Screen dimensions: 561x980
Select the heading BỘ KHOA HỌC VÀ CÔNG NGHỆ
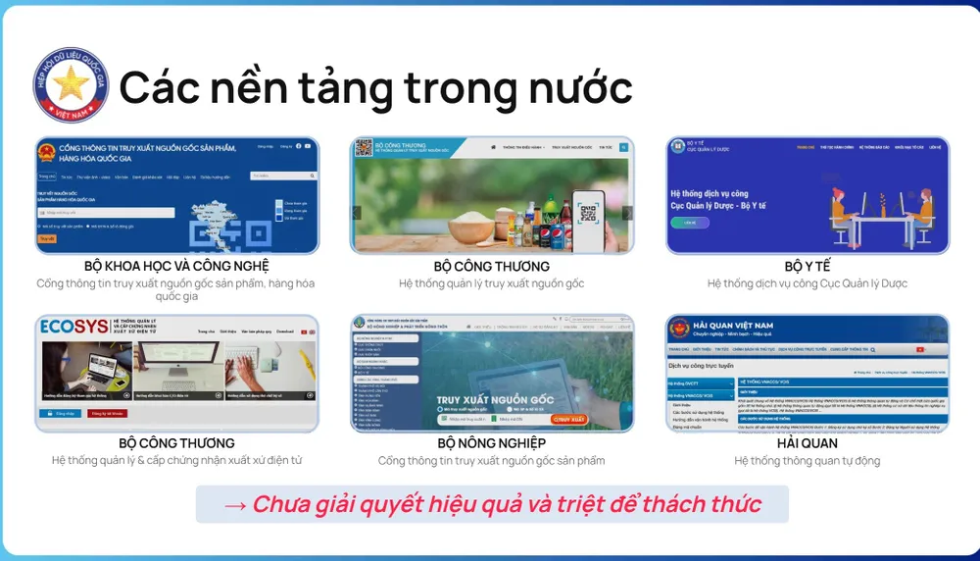tap(176, 266)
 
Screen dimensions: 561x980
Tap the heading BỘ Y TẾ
tap(807, 266)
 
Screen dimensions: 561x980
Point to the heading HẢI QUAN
tap(807, 443)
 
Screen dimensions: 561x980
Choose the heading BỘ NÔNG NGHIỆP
tap(491, 443)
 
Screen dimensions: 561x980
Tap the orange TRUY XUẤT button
tap(568, 419)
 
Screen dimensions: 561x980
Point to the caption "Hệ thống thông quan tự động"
tap(807, 461)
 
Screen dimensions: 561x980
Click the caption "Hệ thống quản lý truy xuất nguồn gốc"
tap(491, 283)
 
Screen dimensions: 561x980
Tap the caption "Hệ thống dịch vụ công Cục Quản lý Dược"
tap(807, 283)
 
